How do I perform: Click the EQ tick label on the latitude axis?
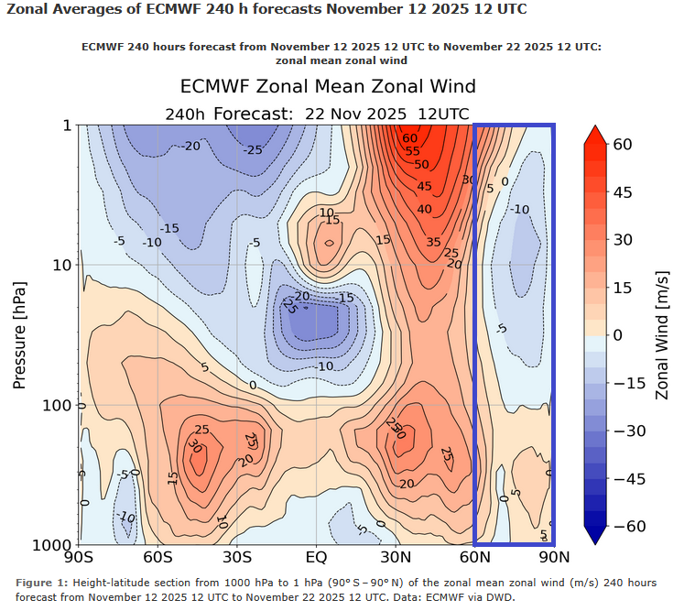point(316,556)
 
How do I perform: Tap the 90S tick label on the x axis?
point(79,556)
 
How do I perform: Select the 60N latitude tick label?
point(474,556)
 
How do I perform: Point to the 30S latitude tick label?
point(237,556)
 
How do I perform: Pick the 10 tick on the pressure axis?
point(61,266)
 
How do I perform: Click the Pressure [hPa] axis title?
point(19,334)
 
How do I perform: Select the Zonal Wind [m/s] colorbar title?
point(663,334)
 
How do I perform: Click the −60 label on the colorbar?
point(628,526)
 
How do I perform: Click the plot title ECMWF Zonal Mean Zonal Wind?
point(328,87)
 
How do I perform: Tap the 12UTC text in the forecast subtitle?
point(443,114)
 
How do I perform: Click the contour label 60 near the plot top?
point(409,138)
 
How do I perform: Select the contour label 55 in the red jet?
point(412,151)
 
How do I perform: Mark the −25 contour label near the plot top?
point(254,150)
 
